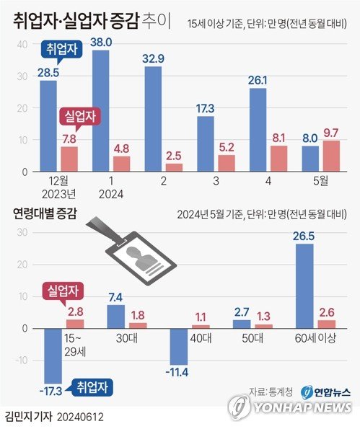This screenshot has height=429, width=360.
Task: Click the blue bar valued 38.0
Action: [x=101, y=112]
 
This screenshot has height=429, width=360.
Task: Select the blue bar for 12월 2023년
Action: [x=48, y=126]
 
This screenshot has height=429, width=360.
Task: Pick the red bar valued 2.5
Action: [x=173, y=168]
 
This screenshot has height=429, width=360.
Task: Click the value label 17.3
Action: [x=206, y=107]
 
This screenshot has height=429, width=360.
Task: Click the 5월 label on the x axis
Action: [x=320, y=183]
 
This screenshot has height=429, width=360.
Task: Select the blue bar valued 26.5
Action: [x=304, y=286]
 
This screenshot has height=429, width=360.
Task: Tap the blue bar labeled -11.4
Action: [x=178, y=346]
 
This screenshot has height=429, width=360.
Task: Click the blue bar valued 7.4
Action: [x=115, y=317]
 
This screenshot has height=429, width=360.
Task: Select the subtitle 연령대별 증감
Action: [x=44, y=213]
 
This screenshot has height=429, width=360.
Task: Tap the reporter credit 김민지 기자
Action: [x=26, y=417]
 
